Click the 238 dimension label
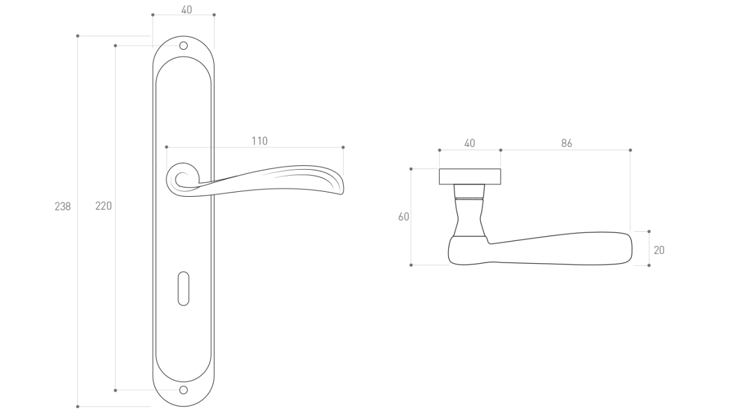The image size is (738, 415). tap(63, 207)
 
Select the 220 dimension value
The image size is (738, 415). tap(103, 206)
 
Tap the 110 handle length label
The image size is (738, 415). tap(260, 141)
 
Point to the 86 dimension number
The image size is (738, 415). tap(566, 143)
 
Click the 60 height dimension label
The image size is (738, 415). tap(403, 216)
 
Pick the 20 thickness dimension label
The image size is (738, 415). tap(659, 250)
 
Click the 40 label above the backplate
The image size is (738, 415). tap(186, 10)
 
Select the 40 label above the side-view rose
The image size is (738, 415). tap(469, 143)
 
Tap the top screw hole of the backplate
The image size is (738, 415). tap(183, 45)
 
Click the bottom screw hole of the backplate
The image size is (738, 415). tap(183, 390)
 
